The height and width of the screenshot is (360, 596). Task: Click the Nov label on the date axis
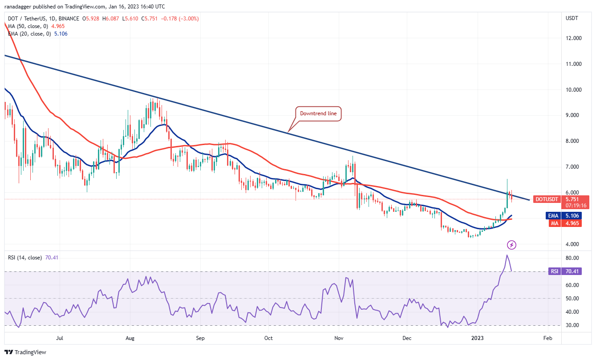coord(339,338)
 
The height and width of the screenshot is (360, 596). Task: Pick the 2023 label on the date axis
coord(477,338)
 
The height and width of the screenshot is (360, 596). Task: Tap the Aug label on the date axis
coord(130,338)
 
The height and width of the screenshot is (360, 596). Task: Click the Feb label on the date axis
coord(548,338)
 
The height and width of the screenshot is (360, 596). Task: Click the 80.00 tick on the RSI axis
coord(573,258)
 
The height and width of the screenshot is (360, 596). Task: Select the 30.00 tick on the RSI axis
coord(573,325)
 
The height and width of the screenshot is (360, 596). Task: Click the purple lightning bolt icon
coord(512,245)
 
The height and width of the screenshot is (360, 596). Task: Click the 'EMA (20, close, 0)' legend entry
coord(31,34)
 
